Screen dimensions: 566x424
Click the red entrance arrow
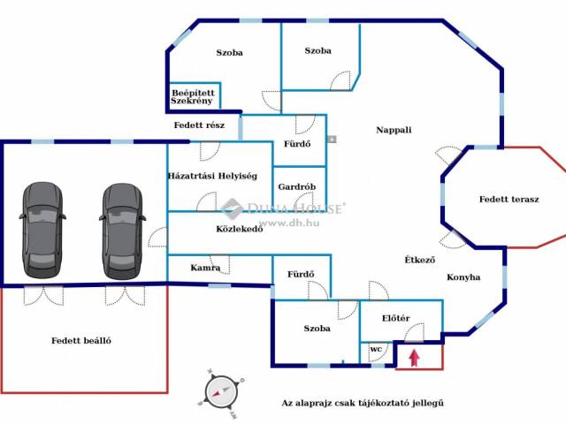(x=415, y=358)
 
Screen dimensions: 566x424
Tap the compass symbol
(x=221, y=393)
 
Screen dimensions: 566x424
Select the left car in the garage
(x=42, y=230)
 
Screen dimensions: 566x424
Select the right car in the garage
(x=122, y=231)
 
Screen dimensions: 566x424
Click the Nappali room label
(x=394, y=130)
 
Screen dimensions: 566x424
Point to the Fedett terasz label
(x=509, y=199)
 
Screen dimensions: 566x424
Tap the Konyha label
(x=463, y=277)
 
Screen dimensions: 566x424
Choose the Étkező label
(x=419, y=260)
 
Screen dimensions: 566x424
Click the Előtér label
(x=396, y=318)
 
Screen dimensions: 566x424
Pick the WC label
(x=376, y=349)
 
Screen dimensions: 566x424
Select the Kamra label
(x=205, y=268)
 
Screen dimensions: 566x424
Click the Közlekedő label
(x=240, y=229)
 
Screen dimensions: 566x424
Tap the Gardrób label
(x=297, y=186)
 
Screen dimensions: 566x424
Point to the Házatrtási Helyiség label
(x=212, y=176)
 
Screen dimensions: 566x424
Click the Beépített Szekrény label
(x=193, y=97)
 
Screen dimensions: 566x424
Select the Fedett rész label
(x=199, y=125)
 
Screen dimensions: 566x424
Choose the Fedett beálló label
(x=81, y=341)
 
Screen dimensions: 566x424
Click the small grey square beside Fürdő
(x=333, y=139)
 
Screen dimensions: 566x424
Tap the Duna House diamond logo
(x=232, y=208)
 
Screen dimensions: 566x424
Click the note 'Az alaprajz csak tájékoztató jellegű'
(x=363, y=403)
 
